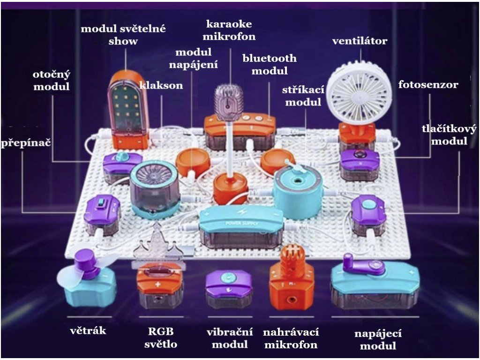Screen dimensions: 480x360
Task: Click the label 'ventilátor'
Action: pos(360,41)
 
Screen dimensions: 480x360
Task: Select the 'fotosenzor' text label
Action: pos(428,85)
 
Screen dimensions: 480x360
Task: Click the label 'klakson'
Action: pos(161,86)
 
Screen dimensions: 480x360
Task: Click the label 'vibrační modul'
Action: pos(230,338)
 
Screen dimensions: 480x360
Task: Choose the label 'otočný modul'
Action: pos(51,81)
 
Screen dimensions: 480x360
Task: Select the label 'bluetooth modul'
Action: pos(270,65)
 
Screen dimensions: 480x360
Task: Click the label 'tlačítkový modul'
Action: pos(449,135)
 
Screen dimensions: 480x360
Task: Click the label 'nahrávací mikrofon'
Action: pos(291,338)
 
